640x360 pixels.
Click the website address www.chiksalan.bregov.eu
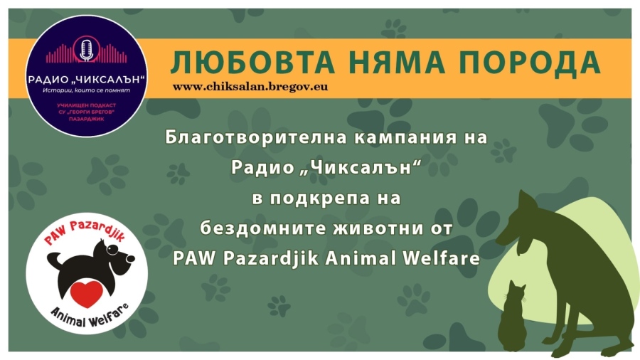(x=250, y=86)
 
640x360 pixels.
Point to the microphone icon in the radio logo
(x=87, y=51)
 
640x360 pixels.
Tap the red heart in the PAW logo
(x=86, y=291)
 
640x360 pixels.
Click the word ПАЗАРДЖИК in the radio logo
(x=87, y=122)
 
